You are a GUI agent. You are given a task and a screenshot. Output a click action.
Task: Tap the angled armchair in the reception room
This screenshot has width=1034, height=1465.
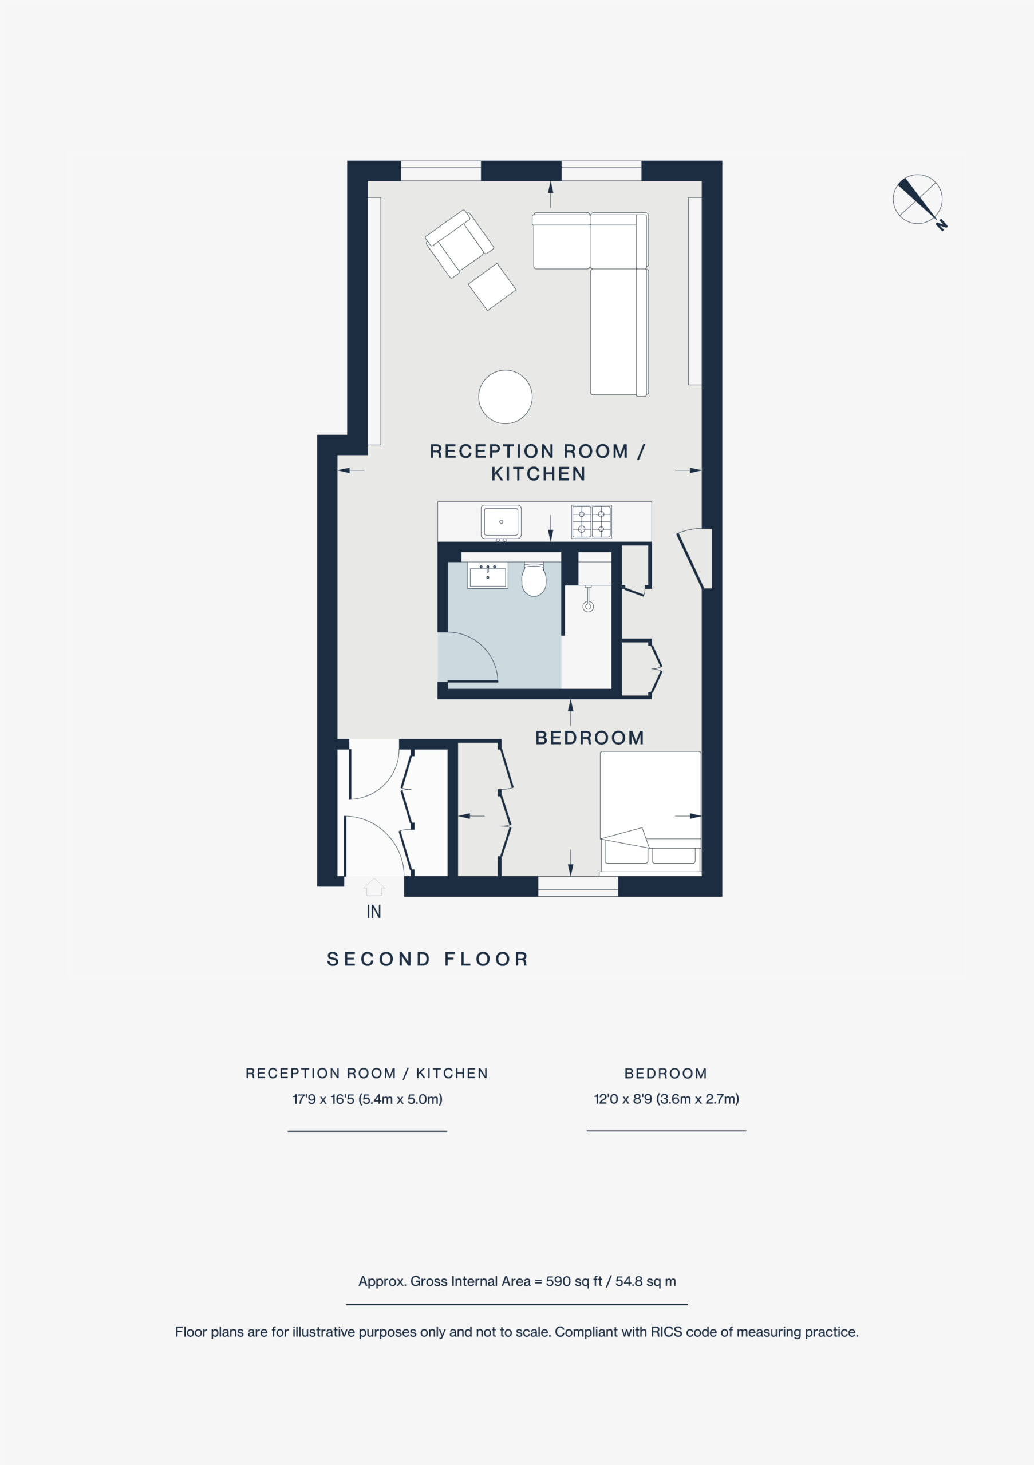click(x=459, y=244)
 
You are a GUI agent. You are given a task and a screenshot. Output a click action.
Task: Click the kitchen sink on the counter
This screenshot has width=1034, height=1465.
click(x=501, y=521)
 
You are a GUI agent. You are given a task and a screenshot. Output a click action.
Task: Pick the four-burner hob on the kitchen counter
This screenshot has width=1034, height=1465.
click(x=591, y=521)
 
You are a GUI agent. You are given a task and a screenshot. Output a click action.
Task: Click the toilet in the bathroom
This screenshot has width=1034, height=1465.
click(x=534, y=579)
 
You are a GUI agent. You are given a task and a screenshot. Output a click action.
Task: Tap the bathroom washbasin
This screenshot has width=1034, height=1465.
click(x=488, y=576)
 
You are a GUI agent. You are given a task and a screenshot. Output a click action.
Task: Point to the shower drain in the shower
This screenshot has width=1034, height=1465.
click(x=588, y=606)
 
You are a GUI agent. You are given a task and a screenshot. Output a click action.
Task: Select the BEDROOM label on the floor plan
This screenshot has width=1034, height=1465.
click(x=589, y=738)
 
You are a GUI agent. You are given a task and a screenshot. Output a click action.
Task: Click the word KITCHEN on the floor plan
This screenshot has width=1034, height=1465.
click(x=538, y=473)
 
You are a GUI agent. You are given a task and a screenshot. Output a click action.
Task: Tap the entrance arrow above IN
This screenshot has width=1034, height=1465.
click(x=374, y=887)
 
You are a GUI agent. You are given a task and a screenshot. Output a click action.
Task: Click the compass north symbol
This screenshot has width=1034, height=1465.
click(x=917, y=199)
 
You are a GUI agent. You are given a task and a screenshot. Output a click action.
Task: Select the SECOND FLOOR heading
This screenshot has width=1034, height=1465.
click(x=428, y=959)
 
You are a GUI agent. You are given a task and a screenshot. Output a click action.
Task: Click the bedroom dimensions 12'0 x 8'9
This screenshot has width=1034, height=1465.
click(x=666, y=1099)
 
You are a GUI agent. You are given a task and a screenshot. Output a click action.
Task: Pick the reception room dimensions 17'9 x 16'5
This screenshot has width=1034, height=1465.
click(x=367, y=1099)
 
